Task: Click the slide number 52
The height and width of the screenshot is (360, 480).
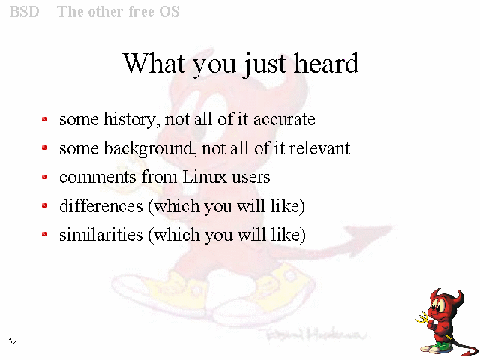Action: pyautogui.click(x=13, y=340)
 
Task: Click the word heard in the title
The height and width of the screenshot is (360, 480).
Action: pyautogui.click(x=326, y=63)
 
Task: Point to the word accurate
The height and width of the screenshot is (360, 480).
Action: pyautogui.click(x=284, y=120)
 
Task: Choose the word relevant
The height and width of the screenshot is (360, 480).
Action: pyautogui.click(x=319, y=148)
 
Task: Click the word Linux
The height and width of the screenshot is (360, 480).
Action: pyautogui.click(x=205, y=177)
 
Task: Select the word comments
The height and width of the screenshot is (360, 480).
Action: pyautogui.click(x=97, y=178)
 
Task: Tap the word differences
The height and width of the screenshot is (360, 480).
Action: pyautogui.click(x=101, y=205)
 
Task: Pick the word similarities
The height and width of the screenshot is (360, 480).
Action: pyautogui.click(x=101, y=235)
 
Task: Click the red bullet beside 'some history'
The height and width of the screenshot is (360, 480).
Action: pyautogui.click(x=44, y=119)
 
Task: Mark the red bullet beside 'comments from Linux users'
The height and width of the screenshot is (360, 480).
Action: pyautogui.click(x=44, y=177)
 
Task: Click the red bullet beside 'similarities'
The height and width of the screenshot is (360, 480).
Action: pyautogui.click(x=44, y=235)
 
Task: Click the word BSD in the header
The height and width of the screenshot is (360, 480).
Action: pyautogui.click(x=25, y=12)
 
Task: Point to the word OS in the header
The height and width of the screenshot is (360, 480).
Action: pyautogui.click(x=169, y=12)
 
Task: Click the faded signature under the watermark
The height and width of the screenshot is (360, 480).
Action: pyautogui.click(x=315, y=334)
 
